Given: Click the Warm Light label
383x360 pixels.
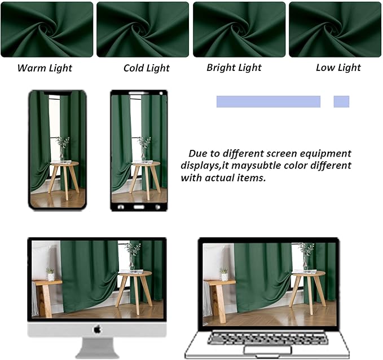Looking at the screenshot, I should [45, 68].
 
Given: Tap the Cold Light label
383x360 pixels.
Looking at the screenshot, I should [147, 68].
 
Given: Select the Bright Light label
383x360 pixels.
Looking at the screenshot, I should [234, 68].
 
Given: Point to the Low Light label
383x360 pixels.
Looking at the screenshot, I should [338, 68].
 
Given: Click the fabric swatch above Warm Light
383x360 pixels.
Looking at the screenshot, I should [47, 29].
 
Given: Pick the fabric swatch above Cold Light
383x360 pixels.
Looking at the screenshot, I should [143, 29].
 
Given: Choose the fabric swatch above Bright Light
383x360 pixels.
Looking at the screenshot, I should [239, 29].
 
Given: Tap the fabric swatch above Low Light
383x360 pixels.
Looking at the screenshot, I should [335, 29].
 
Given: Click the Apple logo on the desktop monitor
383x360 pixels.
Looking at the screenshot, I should [97, 329].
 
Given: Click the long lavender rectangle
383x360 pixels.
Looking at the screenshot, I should [268, 101].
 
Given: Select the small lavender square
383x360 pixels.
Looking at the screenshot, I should [341, 101].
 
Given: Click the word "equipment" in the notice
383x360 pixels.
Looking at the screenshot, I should [325, 153].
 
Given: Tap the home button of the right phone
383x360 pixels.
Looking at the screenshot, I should [139, 207].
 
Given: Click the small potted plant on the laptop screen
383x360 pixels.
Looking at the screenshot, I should [224, 274].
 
